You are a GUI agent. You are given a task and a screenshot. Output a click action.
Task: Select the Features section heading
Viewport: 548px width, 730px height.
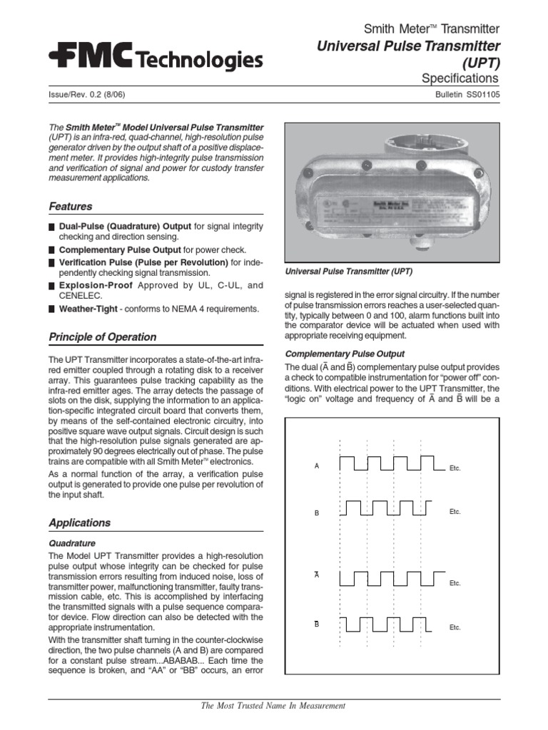(70, 207)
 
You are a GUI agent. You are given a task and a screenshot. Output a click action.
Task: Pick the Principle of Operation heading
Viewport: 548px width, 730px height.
(102, 337)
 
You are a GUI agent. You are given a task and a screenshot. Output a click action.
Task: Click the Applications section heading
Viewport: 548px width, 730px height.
(79, 523)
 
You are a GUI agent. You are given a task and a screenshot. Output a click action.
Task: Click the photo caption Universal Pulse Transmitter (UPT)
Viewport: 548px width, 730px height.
(349, 272)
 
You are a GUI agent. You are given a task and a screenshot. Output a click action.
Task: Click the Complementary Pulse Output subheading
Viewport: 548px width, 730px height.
(345, 354)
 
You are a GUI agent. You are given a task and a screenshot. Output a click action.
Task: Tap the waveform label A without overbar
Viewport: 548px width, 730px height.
(316, 466)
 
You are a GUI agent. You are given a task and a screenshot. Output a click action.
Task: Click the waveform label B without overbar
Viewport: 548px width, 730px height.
(316, 513)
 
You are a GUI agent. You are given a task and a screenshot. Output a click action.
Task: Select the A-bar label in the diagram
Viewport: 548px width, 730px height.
(316, 575)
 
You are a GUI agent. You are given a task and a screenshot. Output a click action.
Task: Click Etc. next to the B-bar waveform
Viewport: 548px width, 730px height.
(455, 628)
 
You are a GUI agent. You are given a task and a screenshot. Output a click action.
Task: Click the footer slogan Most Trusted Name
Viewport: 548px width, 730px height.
(273, 706)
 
